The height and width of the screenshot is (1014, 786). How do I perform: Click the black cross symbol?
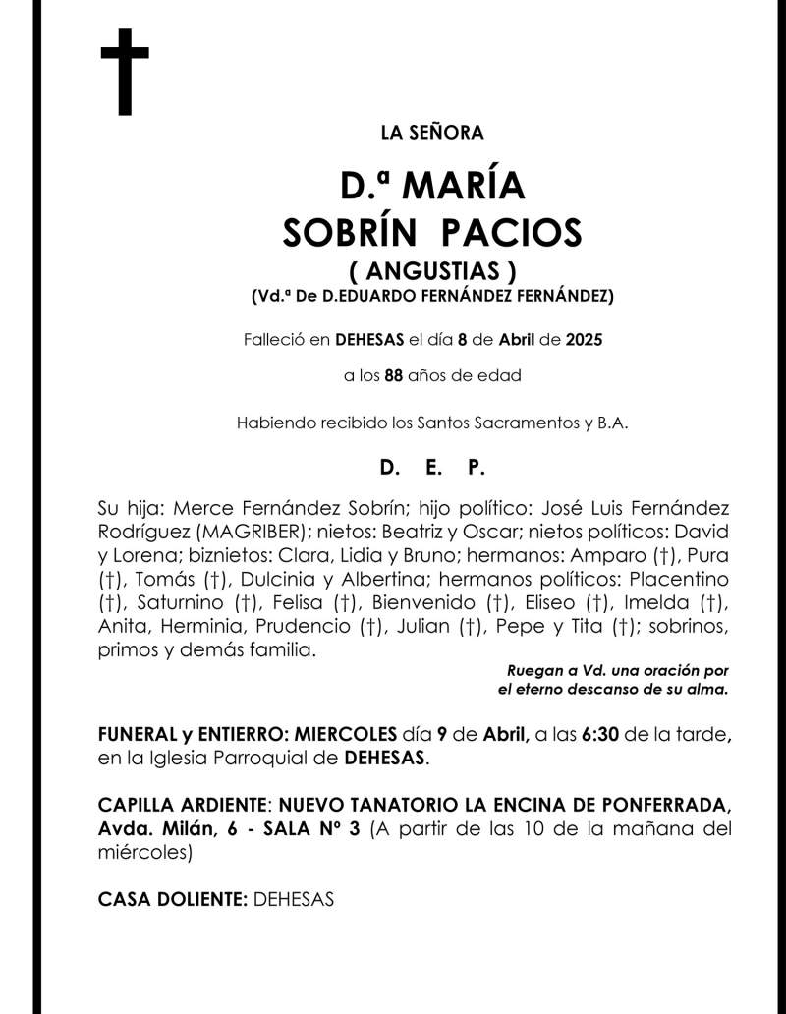(x=125, y=71)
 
